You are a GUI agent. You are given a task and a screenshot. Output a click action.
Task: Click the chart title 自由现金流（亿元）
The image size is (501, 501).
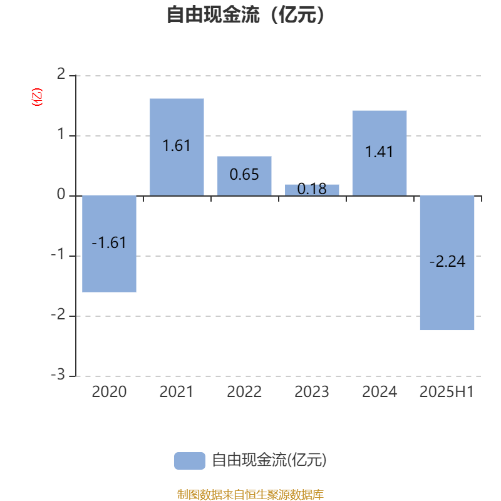pos(245,14)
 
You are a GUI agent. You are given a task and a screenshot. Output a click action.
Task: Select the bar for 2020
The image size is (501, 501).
pos(109,244)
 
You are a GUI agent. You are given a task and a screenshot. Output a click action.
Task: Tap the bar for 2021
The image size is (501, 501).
pos(177,147)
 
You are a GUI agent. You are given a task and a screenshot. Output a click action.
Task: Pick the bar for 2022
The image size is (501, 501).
pos(244,176)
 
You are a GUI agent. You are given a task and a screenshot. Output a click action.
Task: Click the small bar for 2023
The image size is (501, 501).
pos(312,190)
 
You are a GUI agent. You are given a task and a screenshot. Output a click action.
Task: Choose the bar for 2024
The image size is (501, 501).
pos(380,153)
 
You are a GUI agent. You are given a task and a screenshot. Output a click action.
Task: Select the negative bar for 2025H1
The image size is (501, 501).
pos(447,262)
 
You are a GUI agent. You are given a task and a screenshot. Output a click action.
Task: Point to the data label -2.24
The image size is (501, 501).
pos(447,262)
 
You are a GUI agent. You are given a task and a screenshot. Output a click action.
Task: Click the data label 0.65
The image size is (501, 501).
pos(244,175)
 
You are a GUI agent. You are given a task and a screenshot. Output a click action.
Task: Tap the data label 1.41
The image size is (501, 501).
pos(380,152)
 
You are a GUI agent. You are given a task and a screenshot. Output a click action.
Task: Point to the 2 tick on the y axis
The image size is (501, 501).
pos(61,75)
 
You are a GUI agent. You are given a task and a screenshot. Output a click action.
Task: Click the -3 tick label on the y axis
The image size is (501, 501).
pos(58,374)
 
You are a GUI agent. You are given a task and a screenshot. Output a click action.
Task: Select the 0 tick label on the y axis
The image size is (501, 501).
pos(61,194)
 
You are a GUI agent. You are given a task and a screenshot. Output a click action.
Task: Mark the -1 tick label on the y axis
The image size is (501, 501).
pos(58,255)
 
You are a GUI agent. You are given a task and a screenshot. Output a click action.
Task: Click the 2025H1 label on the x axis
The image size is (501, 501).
pos(447,392)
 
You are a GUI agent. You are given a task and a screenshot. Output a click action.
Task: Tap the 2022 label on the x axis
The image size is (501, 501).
pos(244,392)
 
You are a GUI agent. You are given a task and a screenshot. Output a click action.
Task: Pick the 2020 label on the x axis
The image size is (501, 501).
pos(109,392)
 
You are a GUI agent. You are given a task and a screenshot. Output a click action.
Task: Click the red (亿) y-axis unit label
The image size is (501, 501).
pos(37,97)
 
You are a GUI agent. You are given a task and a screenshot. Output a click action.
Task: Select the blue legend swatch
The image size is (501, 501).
pos(190,461)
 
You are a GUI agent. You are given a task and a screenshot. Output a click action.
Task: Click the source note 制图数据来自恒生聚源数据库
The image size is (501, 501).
pos(250,494)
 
